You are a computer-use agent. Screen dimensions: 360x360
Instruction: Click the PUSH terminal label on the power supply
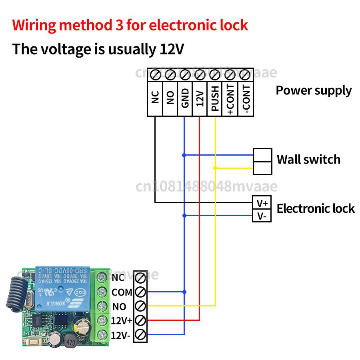pos(215,99)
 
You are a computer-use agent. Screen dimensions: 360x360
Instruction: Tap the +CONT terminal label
pos(230,99)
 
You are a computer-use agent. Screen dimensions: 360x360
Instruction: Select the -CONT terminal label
pos(245,99)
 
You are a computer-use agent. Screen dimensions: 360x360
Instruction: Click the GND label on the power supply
pos(185,99)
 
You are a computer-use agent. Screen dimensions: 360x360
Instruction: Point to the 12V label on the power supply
pos(200,99)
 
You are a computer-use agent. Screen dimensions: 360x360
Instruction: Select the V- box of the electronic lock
pos(262,216)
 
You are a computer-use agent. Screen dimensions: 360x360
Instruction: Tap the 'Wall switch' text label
pos(308,160)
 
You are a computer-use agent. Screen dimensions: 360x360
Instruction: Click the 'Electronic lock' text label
pos(316,208)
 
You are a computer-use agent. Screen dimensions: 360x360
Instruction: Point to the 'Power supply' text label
pos(314,90)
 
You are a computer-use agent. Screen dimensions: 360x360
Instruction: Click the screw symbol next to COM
pos(140,292)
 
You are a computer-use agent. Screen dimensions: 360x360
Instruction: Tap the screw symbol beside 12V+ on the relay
pos(140,320)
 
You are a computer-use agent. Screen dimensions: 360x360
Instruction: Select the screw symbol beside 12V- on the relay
pos(140,335)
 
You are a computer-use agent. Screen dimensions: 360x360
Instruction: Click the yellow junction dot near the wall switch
pos(215,168)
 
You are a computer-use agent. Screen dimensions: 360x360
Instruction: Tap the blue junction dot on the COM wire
pos(184,292)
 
